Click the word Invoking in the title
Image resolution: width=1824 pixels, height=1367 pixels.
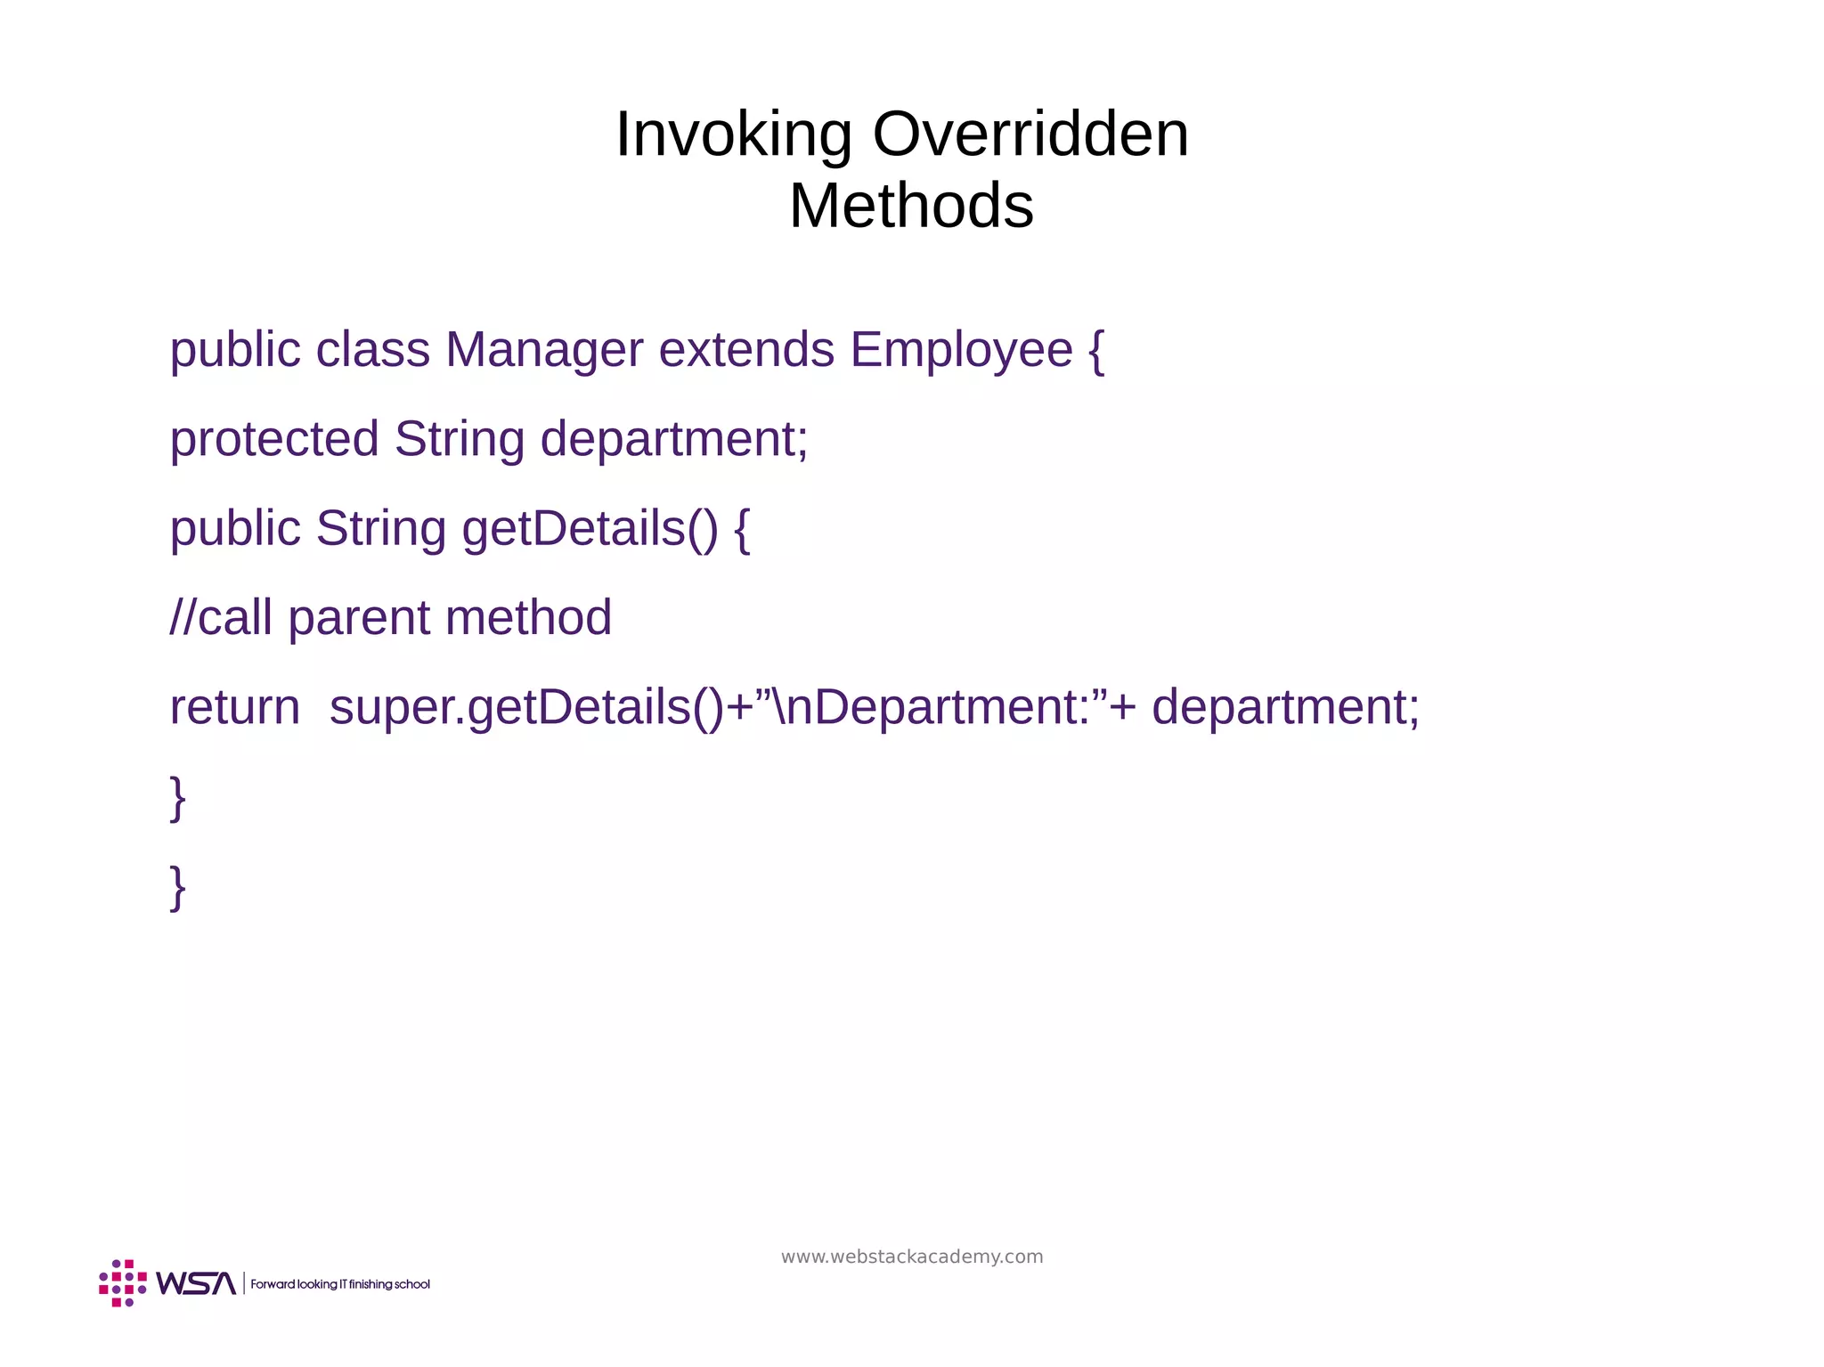click(733, 135)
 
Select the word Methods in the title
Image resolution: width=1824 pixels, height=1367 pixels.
click(911, 207)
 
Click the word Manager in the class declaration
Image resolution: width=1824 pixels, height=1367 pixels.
click(543, 349)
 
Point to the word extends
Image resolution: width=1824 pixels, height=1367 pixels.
click(745, 349)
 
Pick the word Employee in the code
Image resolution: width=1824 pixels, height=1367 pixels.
click(961, 349)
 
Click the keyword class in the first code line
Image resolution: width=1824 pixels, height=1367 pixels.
click(372, 349)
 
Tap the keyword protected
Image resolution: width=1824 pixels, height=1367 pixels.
click(274, 439)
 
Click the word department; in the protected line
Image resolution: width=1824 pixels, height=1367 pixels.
click(674, 439)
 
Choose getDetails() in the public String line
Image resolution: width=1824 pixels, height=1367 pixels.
click(590, 528)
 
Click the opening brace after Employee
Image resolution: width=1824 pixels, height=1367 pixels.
click(1096, 351)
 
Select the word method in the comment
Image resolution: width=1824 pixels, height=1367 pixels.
click(528, 618)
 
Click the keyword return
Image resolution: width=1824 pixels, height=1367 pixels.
click(235, 708)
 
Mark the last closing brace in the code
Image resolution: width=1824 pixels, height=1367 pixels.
click(177, 887)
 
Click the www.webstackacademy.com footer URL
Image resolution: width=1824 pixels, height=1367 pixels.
click(912, 1257)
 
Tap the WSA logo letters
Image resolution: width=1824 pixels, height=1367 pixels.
click(196, 1283)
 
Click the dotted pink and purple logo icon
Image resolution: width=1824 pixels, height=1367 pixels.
click(123, 1283)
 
